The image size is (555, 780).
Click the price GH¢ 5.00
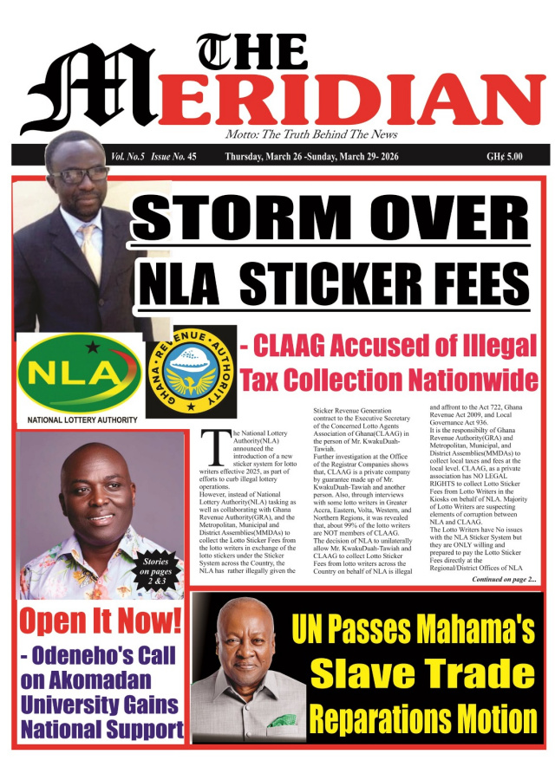coord(505,157)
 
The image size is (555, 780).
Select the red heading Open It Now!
coord(101,621)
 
